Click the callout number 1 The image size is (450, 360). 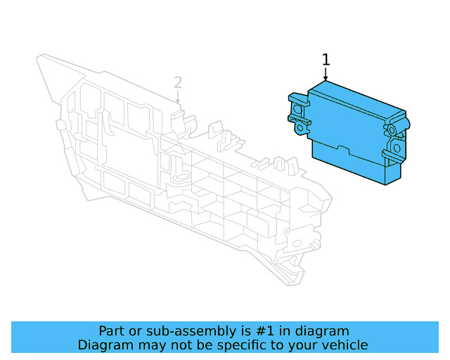(x=326, y=60)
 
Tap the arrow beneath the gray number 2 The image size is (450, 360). (x=178, y=98)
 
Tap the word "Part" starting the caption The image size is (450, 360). (x=112, y=331)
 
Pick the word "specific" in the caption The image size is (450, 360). (x=244, y=345)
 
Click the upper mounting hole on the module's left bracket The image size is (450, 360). (x=297, y=109)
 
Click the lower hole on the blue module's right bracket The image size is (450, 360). (x=397, y=148)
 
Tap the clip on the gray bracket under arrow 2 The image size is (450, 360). (x=181, y=120)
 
